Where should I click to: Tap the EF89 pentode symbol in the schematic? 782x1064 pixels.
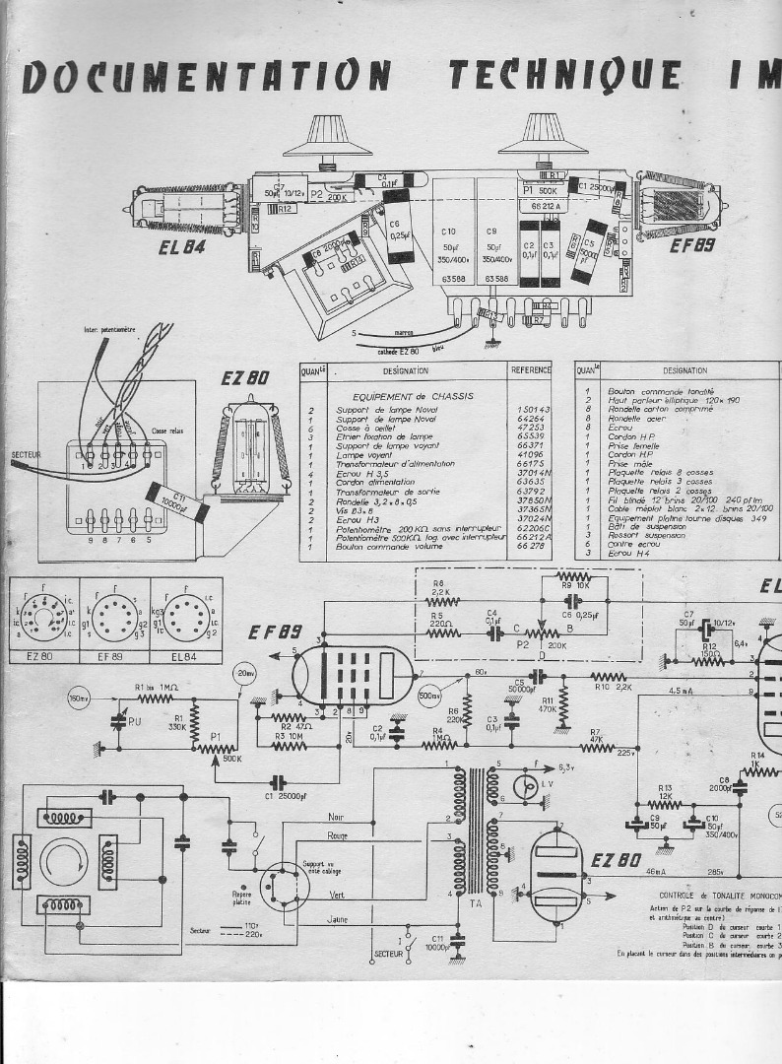click(354, 675)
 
